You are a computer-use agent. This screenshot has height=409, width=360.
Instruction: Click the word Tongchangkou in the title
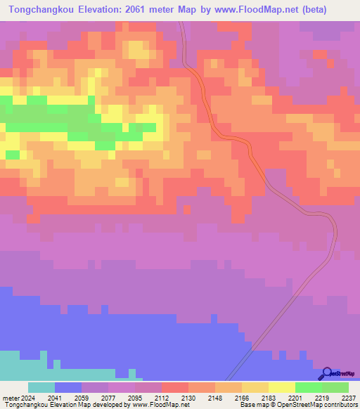[40, 9]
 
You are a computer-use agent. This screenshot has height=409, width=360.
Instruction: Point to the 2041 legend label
[55, 397]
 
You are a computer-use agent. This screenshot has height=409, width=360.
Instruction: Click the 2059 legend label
[82, 397]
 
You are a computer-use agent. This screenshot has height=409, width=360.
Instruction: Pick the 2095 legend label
[135, 397]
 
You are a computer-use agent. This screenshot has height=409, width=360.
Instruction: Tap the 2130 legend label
[188, 397]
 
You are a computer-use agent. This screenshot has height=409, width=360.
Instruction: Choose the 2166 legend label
[242, 397]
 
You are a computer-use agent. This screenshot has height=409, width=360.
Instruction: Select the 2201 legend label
[295, 397]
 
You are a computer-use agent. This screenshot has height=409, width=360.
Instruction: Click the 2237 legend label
[348, 397]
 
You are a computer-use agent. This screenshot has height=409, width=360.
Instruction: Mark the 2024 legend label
[28, 397]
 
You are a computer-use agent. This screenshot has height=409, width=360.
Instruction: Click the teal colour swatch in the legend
[41, 387]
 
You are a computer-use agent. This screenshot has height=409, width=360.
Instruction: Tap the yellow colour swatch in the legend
[282, 387]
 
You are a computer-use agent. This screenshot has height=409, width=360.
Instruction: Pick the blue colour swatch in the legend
[68, 387]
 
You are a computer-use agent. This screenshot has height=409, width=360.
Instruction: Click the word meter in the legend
[10, 397]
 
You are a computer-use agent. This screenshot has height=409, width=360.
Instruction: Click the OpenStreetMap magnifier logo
[326, 373]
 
